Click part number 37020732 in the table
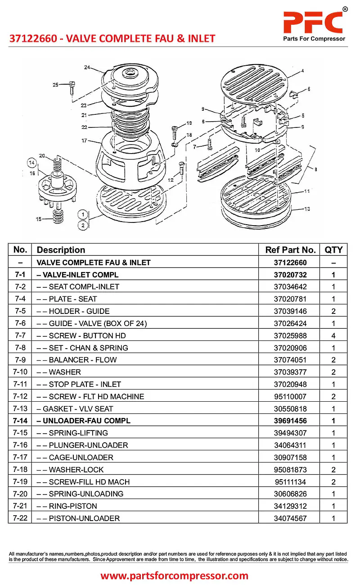tap(290, 275)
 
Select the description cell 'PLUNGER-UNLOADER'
tap(88, 445)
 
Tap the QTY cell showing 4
tap(333, 336)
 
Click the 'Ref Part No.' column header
tap(290, 250)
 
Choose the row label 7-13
tap(20, 408)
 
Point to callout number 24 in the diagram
tap(87, 68)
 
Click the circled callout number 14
tap(31, 162)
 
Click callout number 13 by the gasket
tap(307, 209)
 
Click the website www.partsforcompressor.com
tap(174, 576)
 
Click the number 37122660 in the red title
tap(33, 39)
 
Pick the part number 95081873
tap(290, 469)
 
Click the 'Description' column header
tap(61, 250)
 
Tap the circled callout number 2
tap(82, 226)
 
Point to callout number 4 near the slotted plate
tap(302, 71)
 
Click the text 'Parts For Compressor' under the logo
tap(314, 39)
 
